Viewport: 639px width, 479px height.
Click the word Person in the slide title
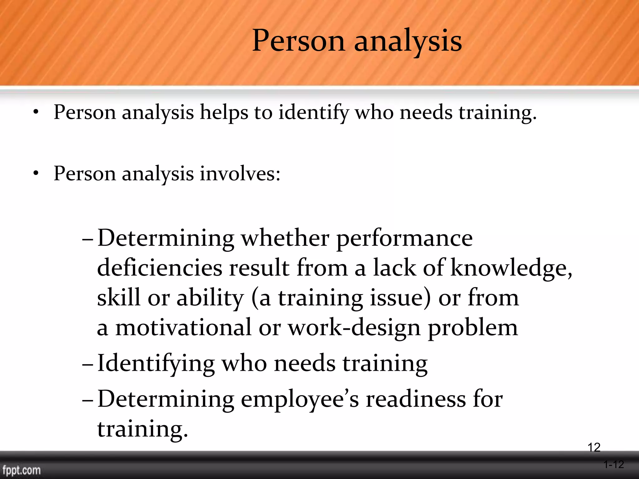coord(298,41)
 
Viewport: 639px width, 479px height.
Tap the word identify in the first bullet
coord(313,113)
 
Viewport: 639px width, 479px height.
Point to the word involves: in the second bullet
coord(240,173)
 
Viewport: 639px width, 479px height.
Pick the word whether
coord(285,238)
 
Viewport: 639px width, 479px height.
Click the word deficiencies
coord(160,268)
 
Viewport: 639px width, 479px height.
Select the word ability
coord(210,298)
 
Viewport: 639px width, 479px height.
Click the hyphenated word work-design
coord(354,328)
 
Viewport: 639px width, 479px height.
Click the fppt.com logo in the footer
coord(22,470)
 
